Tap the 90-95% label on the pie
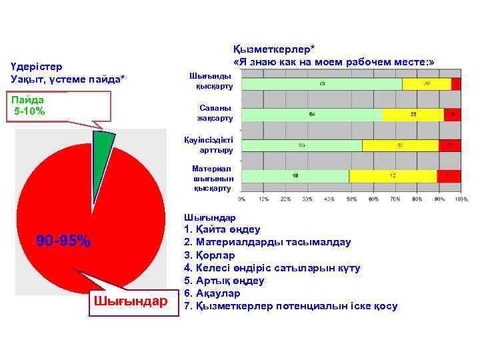pos(63,241)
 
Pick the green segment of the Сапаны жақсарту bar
pos(312,115)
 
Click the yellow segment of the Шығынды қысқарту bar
pos(427,85)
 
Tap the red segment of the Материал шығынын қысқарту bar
pos(449,176)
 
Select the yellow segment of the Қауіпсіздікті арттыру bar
pos(400,145)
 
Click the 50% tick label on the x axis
pos(351,199)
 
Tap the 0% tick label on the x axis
pos(242,199)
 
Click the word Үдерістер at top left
pos(37,67)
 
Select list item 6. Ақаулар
pos(211,293)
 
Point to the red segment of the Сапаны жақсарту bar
pos(453,115)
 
